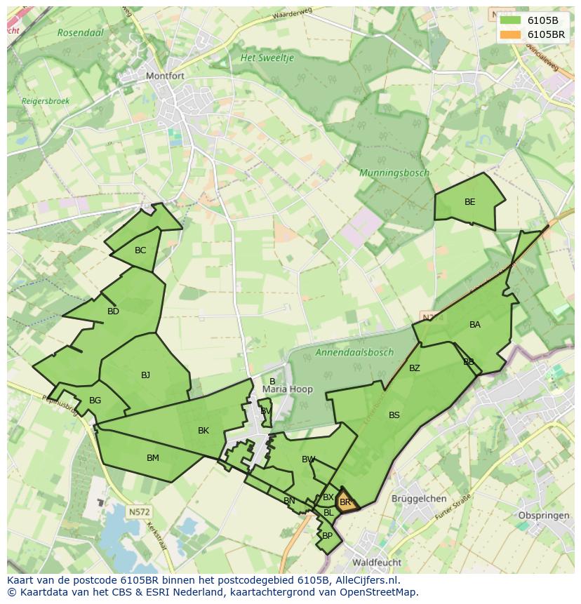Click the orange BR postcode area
click(346, 502)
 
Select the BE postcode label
click(469, 202)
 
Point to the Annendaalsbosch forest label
click(355, 352)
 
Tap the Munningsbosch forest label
click(394, 173)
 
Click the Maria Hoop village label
click(288, 389)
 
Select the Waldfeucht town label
click(378, 563)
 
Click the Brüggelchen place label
click(419, 499)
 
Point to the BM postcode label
click(153, 458)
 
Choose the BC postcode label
click(140, 250)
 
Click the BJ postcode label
click(145, 375)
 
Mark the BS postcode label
click(394, 415)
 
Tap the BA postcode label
click(475, 325)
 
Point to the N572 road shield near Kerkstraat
click(139, 512)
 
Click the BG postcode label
click(95, 401)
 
